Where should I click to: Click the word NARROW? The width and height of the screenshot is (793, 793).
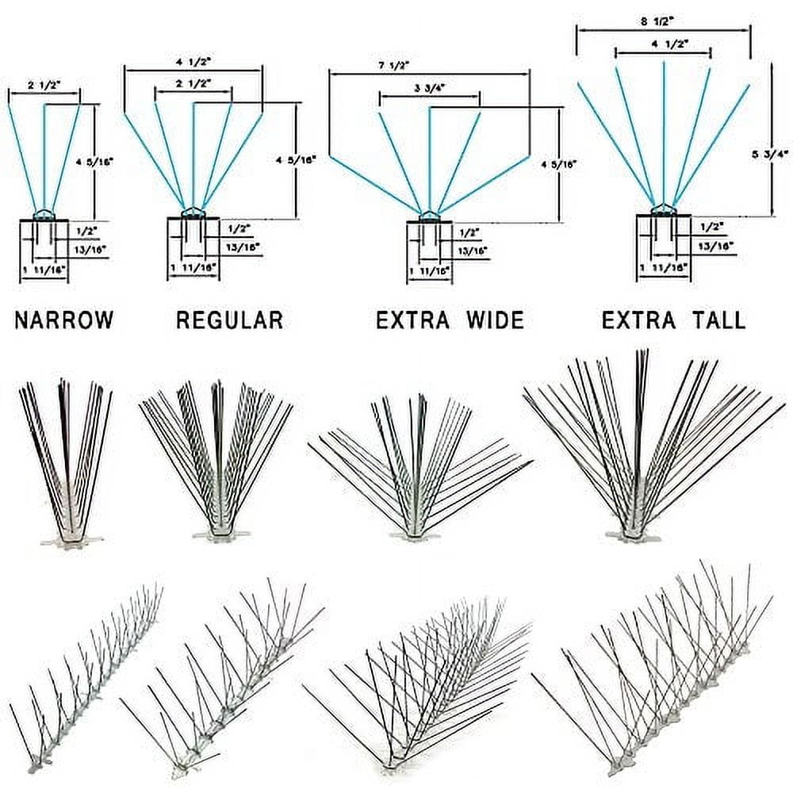click(x=64, y=320)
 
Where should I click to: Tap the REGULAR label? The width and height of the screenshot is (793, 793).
click(x=229, y=320)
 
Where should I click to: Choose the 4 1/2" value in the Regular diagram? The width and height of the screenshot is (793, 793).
click(x=193, y=60)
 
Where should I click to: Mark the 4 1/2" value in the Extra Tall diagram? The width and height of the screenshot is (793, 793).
click(x=662, y=45)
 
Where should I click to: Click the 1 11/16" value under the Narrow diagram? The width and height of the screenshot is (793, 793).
click(x=44, y=270)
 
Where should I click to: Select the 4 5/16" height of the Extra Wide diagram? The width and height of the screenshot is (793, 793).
click(x=547, y=164)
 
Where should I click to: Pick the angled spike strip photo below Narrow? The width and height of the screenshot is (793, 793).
click(x=83, y=666)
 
